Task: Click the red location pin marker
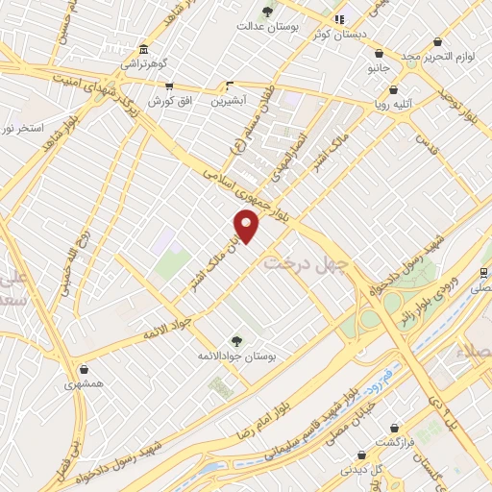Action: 248,227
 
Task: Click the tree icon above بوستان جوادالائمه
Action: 236,340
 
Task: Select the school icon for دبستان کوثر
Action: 338,19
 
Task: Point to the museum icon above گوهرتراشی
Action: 143,50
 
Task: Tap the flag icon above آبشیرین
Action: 229,85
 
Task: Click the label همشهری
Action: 86,383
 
